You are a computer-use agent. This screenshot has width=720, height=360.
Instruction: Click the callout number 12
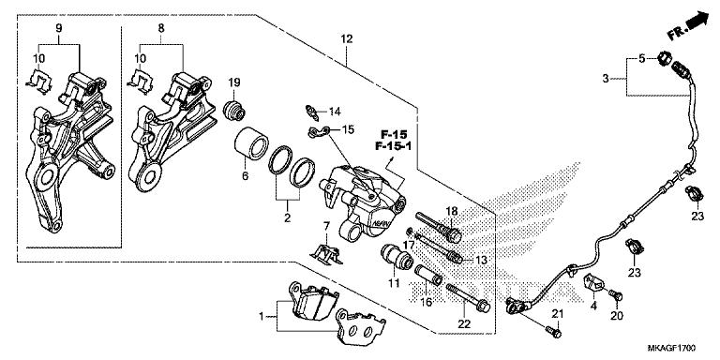point(347,38)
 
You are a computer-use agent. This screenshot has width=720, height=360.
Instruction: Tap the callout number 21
point(556,313)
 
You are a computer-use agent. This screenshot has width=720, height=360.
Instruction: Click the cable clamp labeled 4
point(593,281)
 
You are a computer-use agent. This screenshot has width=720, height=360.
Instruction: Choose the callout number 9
point(58,29)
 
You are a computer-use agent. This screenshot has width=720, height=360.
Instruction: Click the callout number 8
point(160,29)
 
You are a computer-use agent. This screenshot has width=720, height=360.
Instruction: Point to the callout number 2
point(288,217)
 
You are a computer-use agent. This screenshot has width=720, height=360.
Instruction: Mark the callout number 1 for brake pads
point(262,317)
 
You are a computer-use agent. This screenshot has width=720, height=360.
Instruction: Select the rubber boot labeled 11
point(390,257)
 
